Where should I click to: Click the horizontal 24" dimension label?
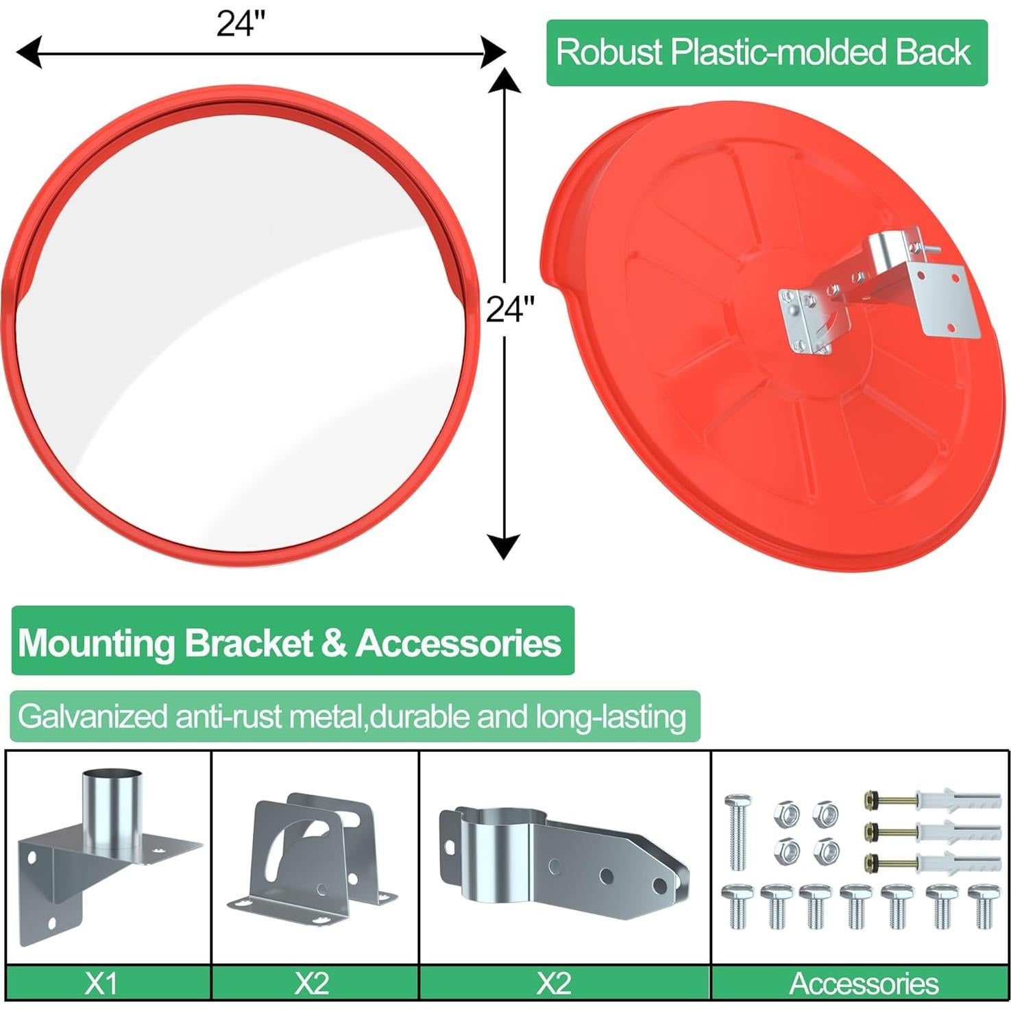point(241,24)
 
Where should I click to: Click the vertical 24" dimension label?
point(510,309)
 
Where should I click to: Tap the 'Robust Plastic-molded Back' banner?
point(766,53)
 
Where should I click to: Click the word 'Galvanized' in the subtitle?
point(93,717)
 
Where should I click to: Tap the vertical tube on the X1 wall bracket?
point(112,813)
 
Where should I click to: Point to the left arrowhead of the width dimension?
point(29,53)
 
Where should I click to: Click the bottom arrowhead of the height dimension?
point(504,547)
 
